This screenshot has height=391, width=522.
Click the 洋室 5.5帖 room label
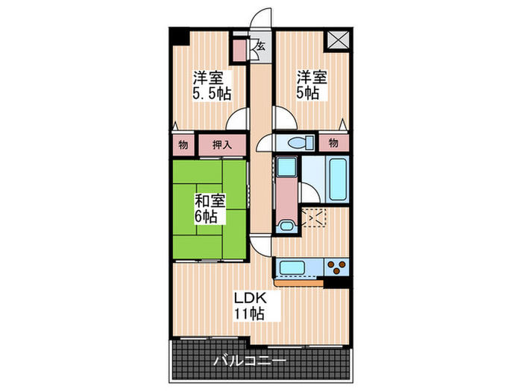[x=211, y=85]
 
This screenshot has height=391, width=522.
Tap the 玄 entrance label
[x=261, y=47]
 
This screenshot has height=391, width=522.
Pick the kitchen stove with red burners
[x=335, y=267]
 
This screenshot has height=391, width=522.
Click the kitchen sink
[x=289, y=267]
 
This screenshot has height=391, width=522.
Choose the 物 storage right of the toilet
[x=333, y=142]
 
